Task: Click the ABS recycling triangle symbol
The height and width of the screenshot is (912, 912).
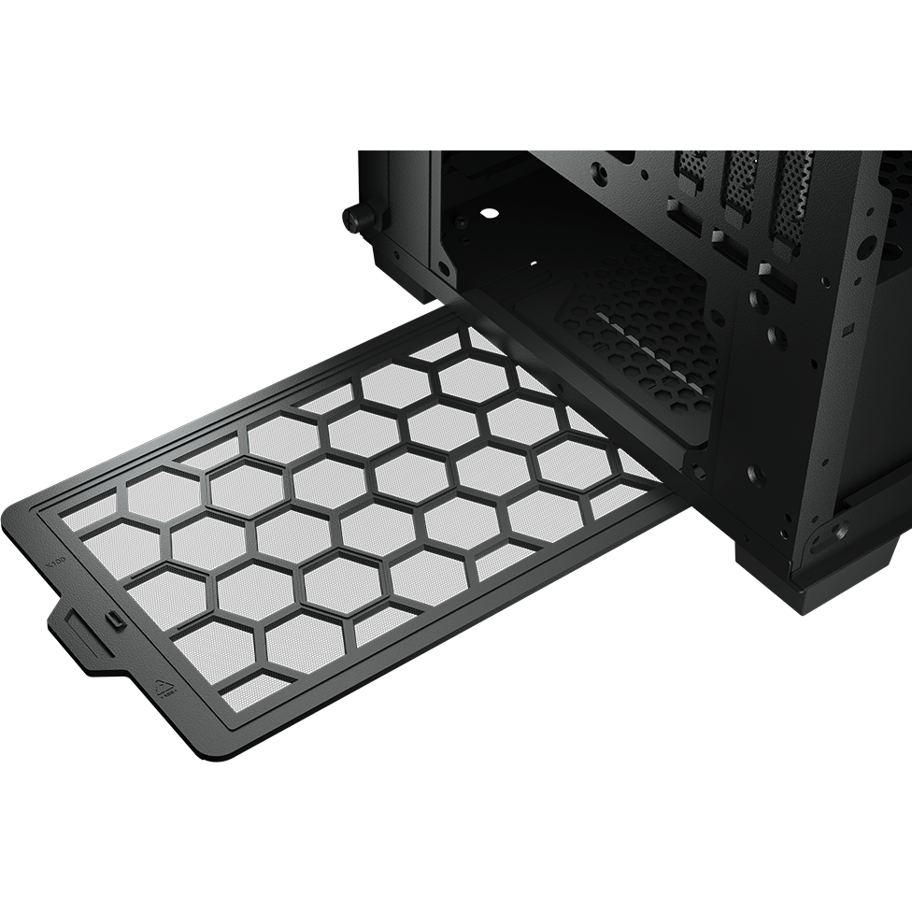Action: (x=165, y=689)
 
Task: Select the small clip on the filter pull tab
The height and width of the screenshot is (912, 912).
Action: (x=110, y=620)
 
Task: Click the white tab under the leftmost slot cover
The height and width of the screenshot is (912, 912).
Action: (x=676, y=201)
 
